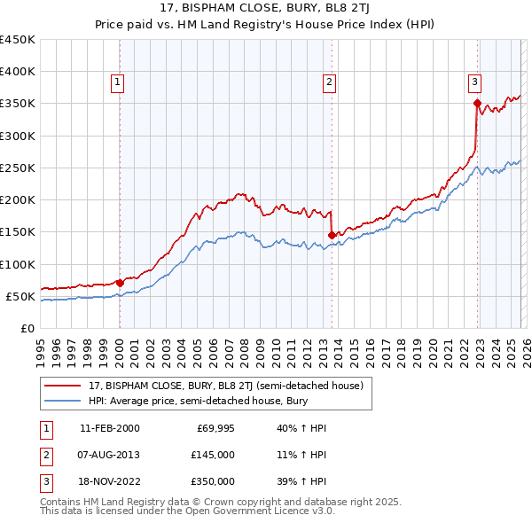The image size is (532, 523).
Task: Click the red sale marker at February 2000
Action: coord(120,283)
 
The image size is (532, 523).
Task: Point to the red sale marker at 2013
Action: coord(332,235)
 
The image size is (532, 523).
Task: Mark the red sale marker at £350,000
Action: coord(477,104)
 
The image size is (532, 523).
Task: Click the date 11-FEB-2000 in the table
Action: coord(109,428)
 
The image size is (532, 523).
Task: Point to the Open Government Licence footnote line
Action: coord(187,511)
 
